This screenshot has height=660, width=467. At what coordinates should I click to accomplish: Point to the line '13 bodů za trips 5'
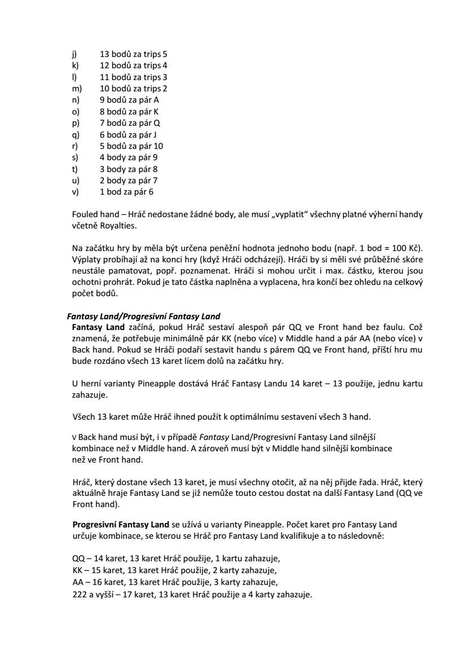tap(134, 54)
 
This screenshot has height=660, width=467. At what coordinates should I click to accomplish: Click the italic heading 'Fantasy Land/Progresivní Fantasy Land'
tap(144, 316)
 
